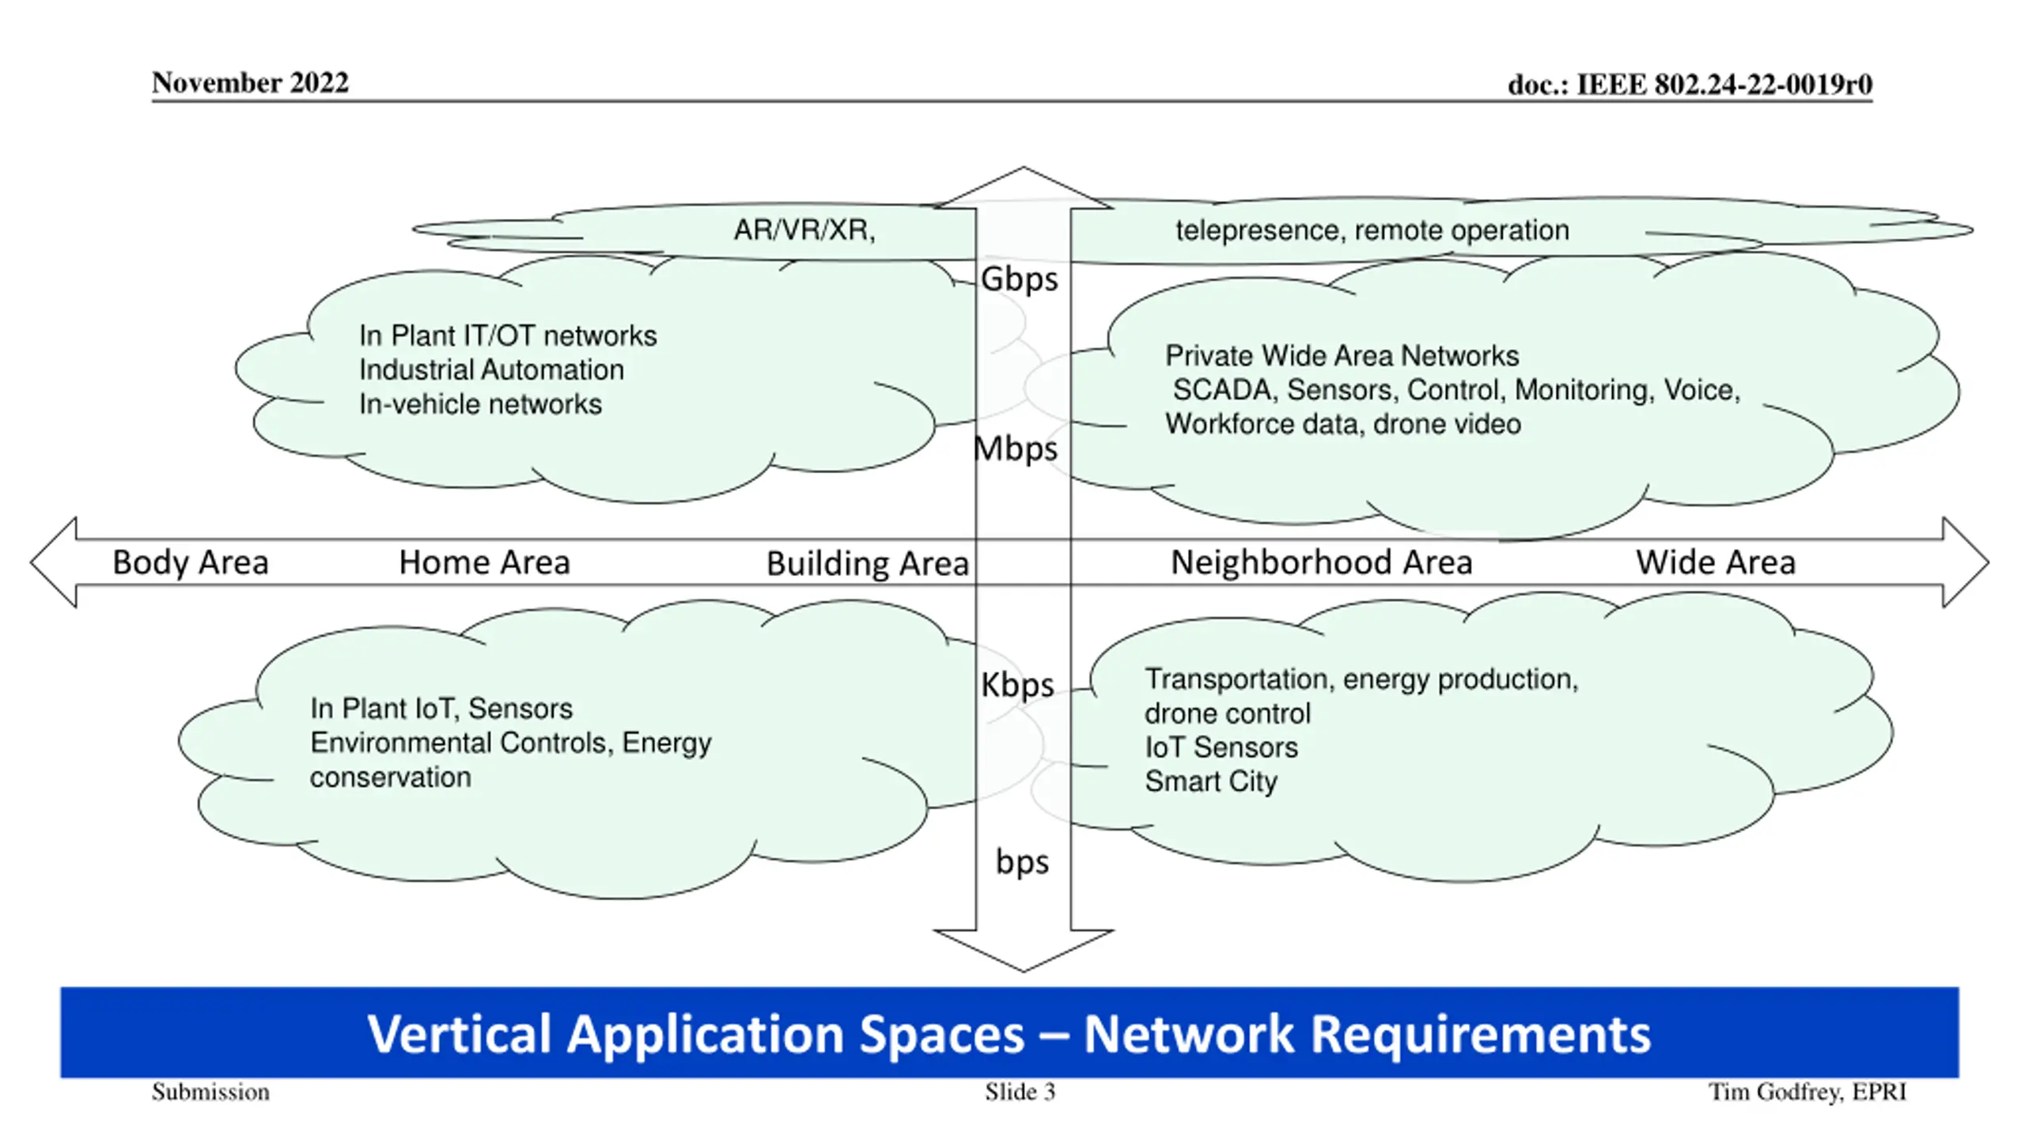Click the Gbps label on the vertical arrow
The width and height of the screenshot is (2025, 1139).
1019,280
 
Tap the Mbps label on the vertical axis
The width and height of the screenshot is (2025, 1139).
1016,449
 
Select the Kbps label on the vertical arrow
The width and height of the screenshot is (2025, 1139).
1017,685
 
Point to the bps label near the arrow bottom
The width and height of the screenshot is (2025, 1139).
1022,862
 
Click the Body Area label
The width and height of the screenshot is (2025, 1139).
191,562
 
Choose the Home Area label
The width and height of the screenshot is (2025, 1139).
484,562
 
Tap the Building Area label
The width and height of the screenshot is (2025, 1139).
868,564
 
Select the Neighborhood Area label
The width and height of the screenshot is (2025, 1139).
1322,562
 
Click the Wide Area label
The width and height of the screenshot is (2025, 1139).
1716,562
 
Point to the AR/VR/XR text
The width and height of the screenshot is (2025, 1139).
804,230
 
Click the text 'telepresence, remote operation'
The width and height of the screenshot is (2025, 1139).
1372,230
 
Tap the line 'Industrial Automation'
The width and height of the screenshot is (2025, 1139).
491,370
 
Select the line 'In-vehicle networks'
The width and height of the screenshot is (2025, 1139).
480,404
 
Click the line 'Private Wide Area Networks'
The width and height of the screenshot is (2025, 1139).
1342,356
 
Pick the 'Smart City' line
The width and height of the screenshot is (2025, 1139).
1211,781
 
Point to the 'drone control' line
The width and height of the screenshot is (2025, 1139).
1228,713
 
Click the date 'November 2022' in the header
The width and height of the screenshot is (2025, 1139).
250,83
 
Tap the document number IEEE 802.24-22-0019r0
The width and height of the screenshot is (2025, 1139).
1690,85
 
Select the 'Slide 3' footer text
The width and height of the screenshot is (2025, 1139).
1020,1092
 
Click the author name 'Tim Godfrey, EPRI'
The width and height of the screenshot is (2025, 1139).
1807,1092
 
